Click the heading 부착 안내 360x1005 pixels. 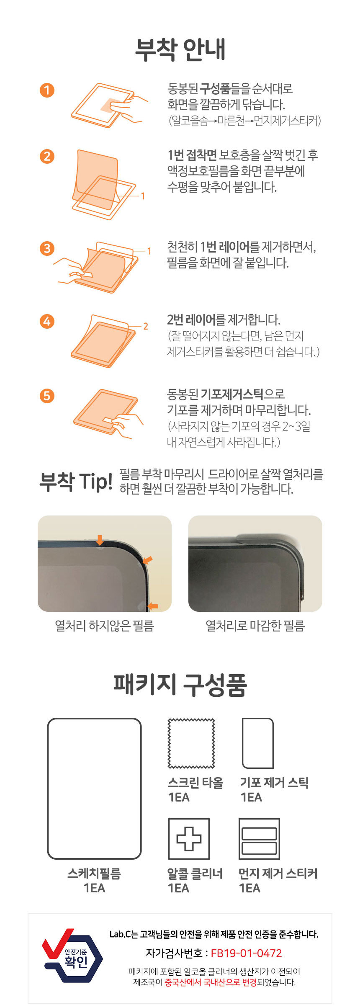pyautogui.click(x=180, y=49)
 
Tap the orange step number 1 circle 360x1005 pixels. pyautogui.click(x=47, y=90)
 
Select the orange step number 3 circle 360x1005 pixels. pyautogui.click(x=47, y=248)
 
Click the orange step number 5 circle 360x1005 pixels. pyautogui.click(x=47, y=396)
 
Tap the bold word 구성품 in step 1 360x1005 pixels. pyautogui.click(x=215, y=88)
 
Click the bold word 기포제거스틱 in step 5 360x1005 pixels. pyautogui.click(x=232, y=394)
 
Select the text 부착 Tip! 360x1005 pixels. pyautogui.click(x=76, y=481)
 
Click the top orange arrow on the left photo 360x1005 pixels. pyautogui.click(x=100, y=540)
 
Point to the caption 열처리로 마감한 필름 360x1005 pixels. pyautogui.click(x=255, y=626)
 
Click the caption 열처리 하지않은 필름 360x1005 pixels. pyautogui.click(x=105, y=626)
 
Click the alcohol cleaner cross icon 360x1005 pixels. pyautogui.click(x=189, y=838)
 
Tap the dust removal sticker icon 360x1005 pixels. pyautogui.click(x=259, y=838)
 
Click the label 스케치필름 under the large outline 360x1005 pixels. pyautogui.click(x=94, y=874)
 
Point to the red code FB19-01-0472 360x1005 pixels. pyautogui.click(x=246, y=953)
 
